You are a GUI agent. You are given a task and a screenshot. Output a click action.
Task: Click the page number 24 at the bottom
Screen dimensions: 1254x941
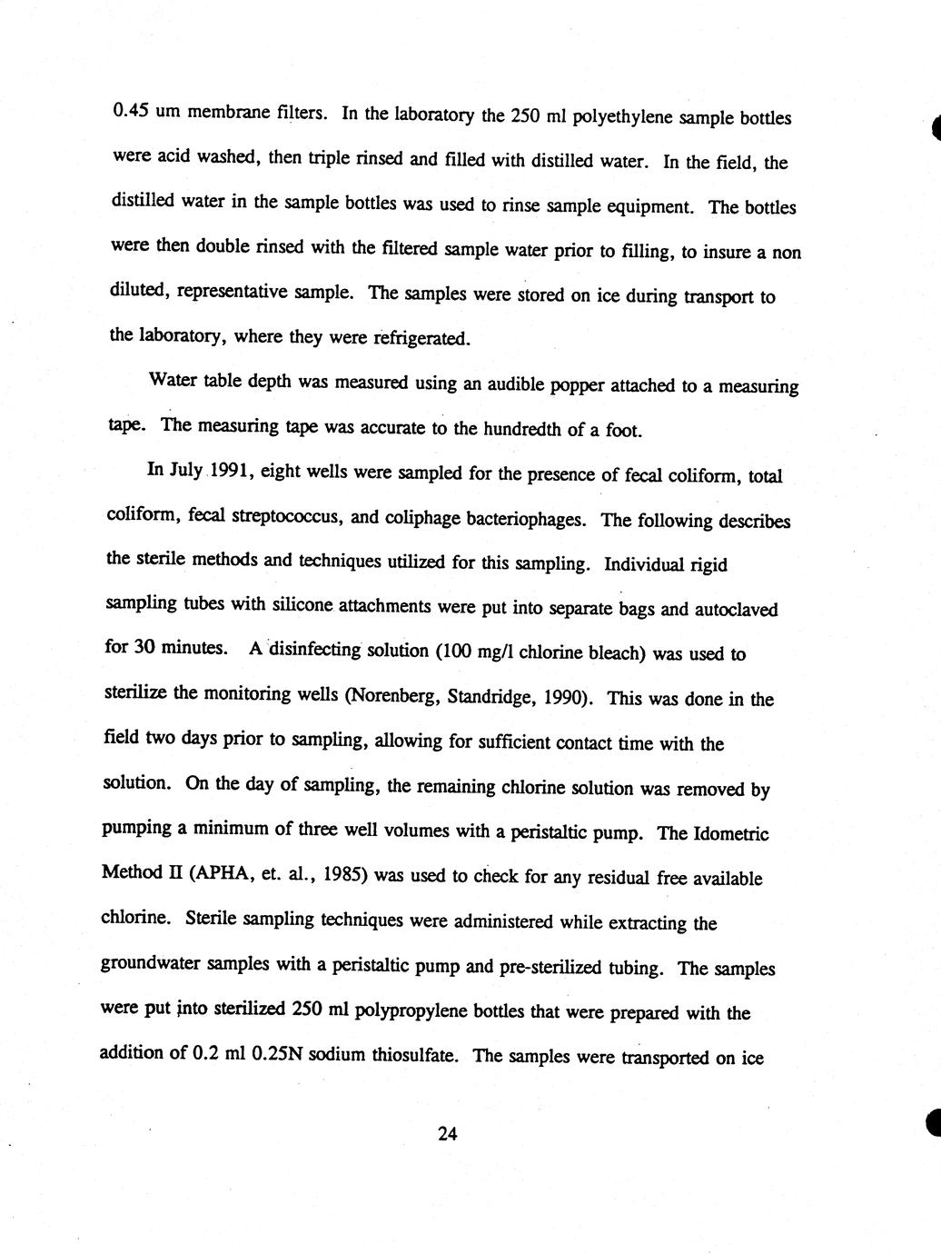click(x=447, y=1133)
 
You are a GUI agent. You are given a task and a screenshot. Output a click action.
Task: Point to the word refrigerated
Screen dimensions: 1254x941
click(x=422, y=339)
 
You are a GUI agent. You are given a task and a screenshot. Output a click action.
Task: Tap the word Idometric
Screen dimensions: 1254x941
click(x=729, y=833)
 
